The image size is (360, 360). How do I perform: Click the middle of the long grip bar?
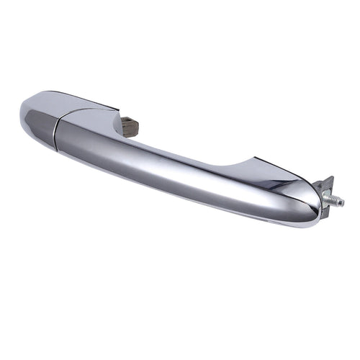pos(180,169)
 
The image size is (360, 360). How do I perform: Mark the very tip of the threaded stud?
pos(343,203)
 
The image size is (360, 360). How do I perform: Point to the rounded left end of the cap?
pos(23,112)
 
